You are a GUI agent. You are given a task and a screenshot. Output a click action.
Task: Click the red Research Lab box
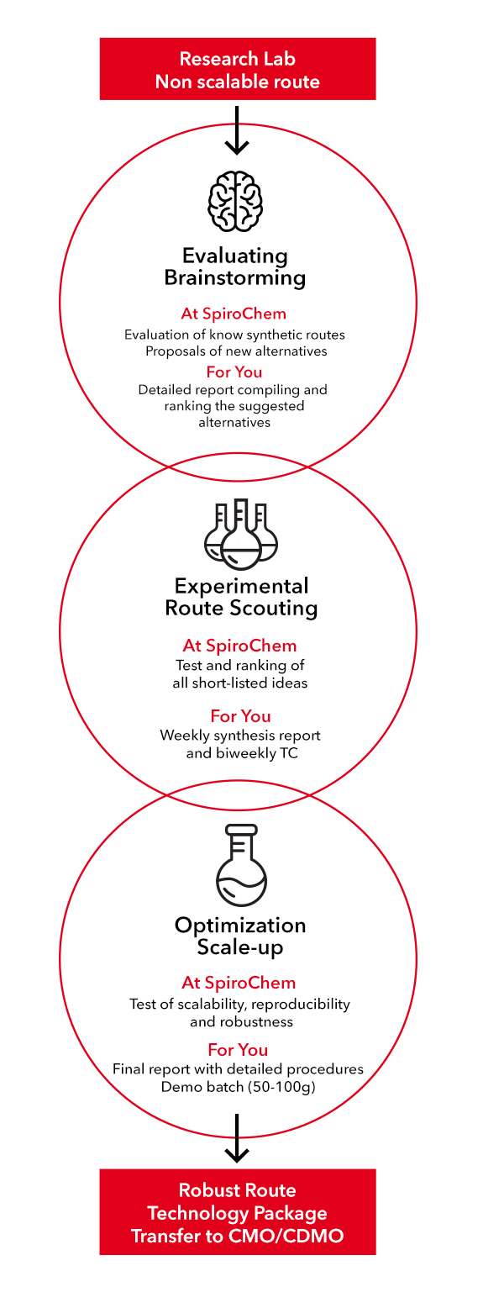[x=238, y=69]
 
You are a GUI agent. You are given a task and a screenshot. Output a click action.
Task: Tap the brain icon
[x=235, y=201]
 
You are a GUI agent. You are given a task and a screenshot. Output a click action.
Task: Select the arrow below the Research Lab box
[x=237, y=130]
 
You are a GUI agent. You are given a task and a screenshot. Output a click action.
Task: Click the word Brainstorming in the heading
[x=235, y=278]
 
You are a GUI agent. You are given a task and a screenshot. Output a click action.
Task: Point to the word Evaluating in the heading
[x=235, y=256]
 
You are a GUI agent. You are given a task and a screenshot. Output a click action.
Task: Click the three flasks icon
[x=241, y=534]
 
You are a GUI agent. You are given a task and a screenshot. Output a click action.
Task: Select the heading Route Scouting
[x=242, y=608]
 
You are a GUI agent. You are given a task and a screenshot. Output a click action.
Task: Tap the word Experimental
[x=242, y=586]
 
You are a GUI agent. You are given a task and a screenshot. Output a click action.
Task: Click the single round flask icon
[x=242, y=865]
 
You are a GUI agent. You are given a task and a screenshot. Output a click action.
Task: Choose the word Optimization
[x=240, y=926]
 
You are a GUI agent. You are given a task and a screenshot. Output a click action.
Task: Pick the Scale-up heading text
[x=239, y=947]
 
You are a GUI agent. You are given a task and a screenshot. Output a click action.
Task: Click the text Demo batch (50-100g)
[x=238, y=1087]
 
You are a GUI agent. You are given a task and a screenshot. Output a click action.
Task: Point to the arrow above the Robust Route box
[x=237, y=1138]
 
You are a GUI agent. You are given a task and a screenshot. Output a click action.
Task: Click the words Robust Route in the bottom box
[x=238, y=1190]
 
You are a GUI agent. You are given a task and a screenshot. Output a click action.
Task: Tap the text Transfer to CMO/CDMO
[x=238, y=1236]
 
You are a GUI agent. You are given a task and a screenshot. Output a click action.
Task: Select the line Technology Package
[x=238, y=1213]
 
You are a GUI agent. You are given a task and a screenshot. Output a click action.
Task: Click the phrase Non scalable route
[x=238, y=82]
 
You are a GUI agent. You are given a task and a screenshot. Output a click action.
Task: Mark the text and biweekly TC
[x=242, y=753]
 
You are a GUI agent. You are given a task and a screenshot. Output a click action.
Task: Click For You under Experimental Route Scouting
[x=241, y=716]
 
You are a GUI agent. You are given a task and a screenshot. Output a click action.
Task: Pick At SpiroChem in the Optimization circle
[x=239, y=983]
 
